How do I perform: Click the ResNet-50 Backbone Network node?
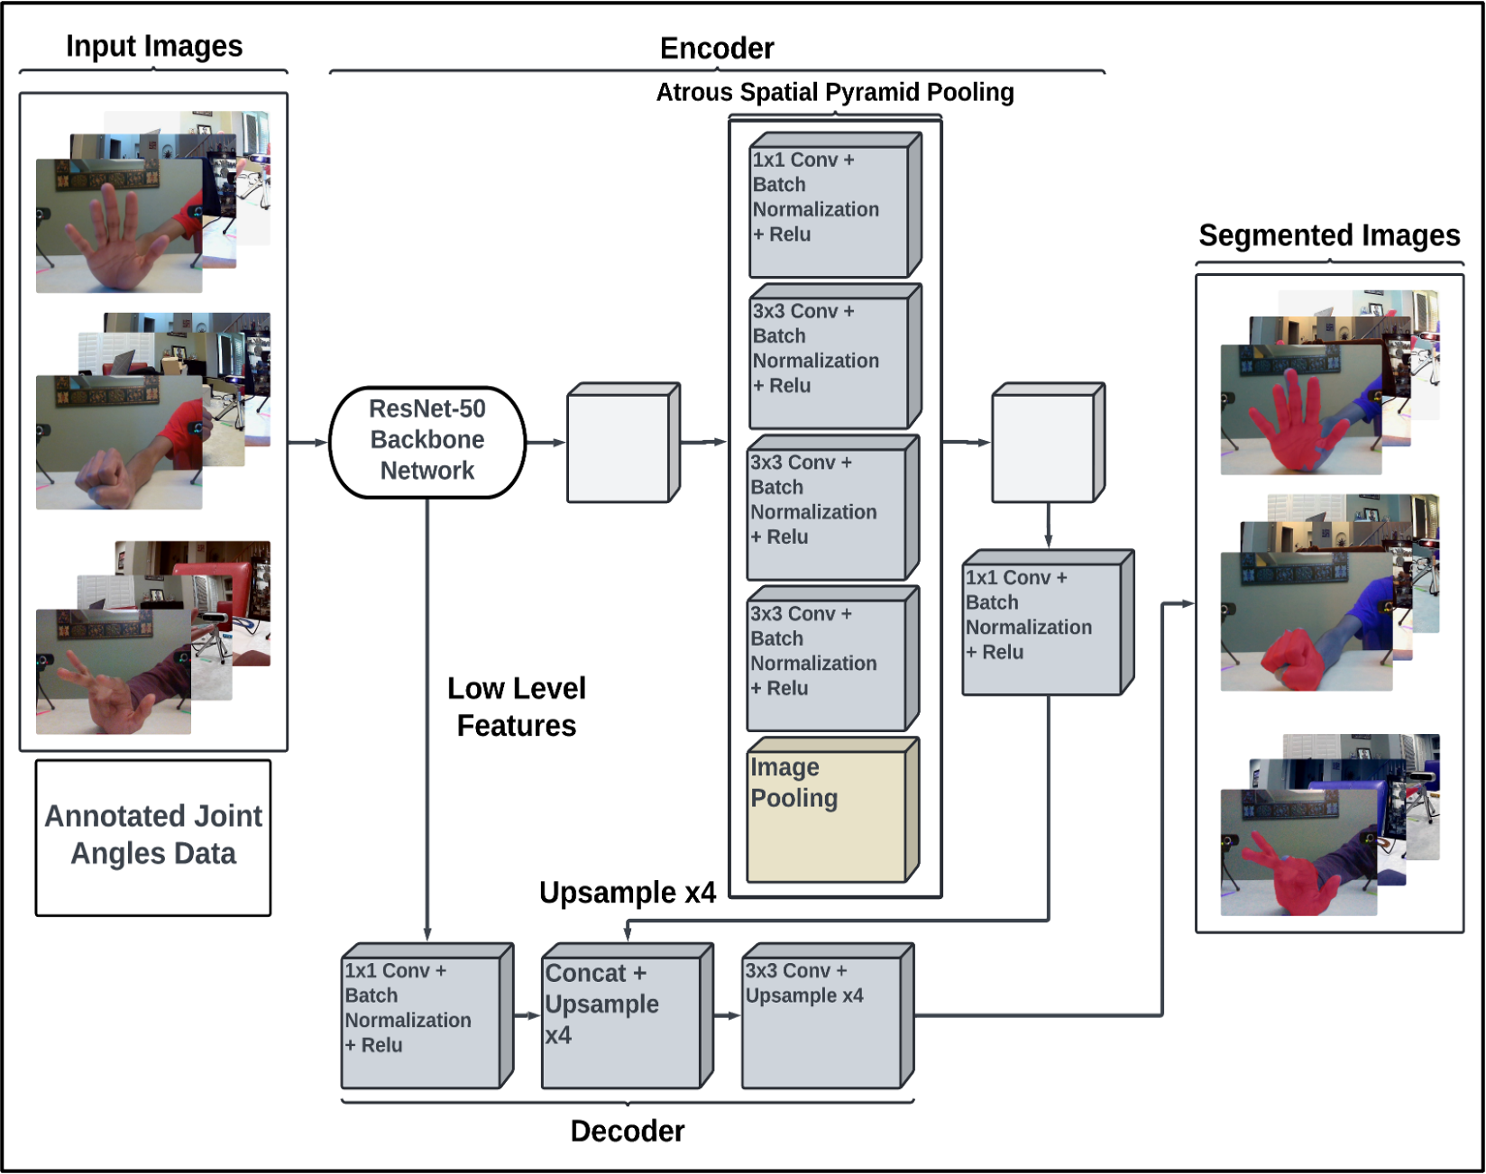tap(427, 442)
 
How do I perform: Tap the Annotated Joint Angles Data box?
tap(153, 837)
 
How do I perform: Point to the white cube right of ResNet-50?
tap(619, 446)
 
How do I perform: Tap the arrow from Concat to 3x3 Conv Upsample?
tap(727, 1016)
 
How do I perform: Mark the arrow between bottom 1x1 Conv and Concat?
tap(527, 1016)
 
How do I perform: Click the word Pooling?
tap(794, 799)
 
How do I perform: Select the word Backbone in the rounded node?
tap(427, 440)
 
